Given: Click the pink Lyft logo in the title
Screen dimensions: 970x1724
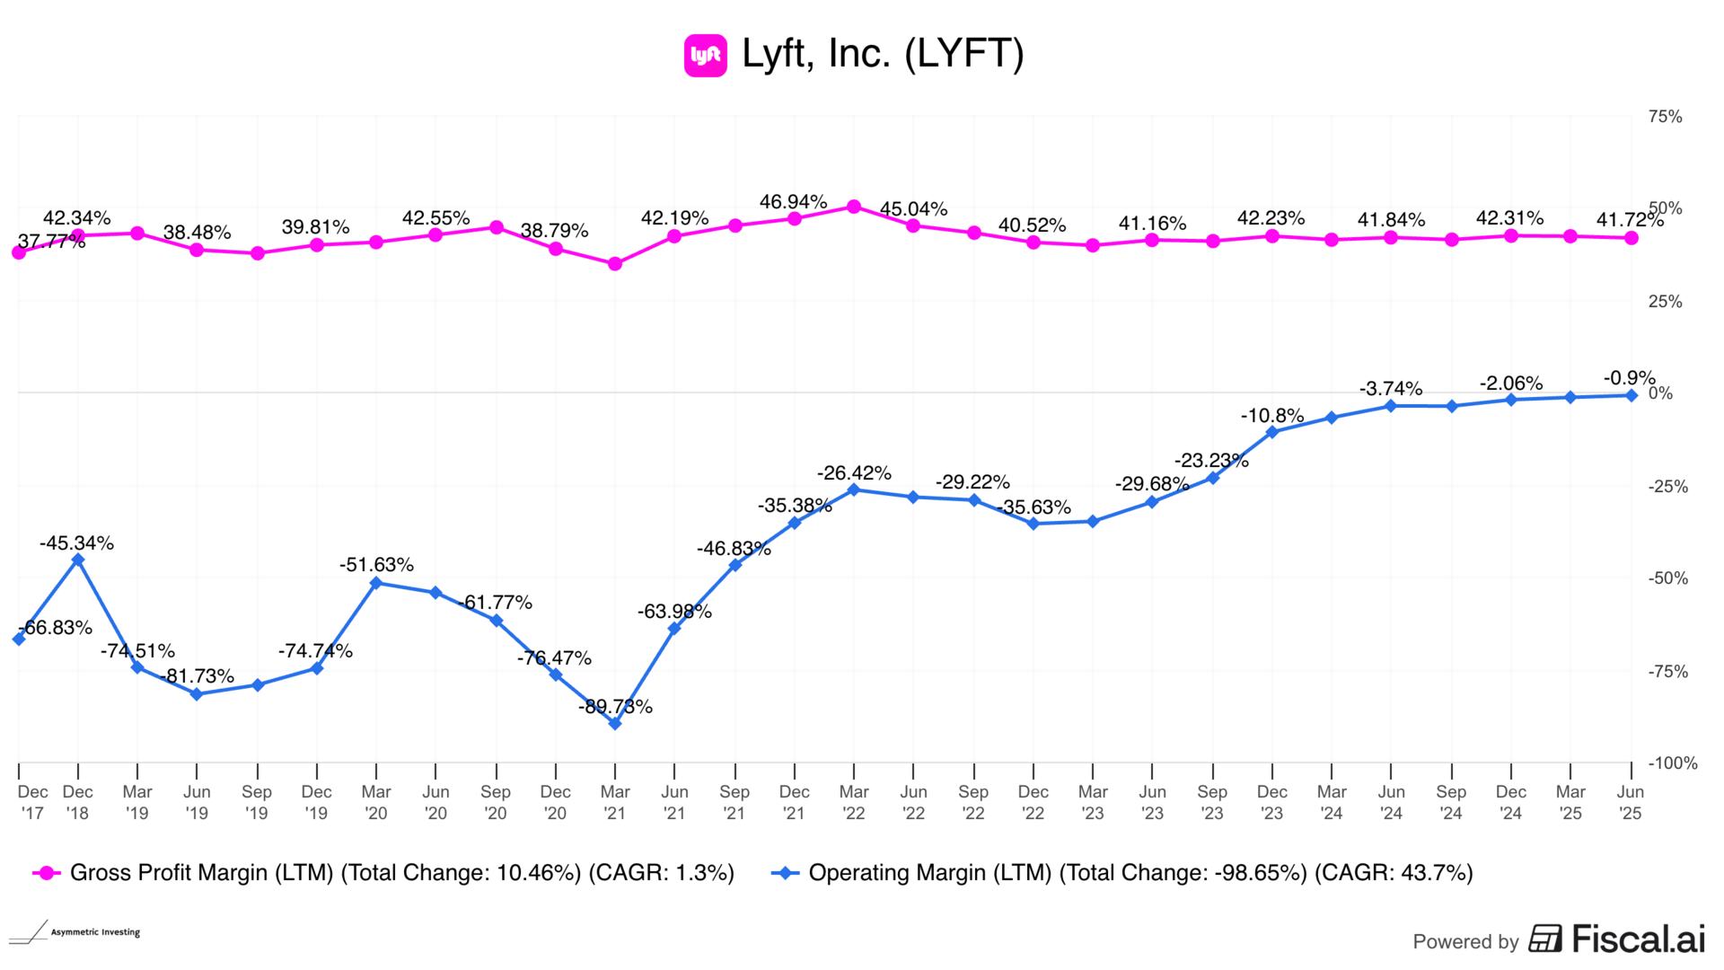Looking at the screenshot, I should tap(705, 56).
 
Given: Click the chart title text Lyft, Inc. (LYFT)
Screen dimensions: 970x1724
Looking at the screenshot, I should tap(883, 54).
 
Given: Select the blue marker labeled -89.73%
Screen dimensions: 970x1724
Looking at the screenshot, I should tap(615, 723).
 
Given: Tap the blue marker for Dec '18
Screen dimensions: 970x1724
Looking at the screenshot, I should tap(78, 560).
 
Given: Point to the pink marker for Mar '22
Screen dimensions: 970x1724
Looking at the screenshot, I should tap(854, 207).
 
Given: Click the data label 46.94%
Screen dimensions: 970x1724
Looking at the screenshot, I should tap(793, 202).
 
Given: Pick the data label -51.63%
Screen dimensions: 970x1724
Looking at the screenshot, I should tap(376, 565).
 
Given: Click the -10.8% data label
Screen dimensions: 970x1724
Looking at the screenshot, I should tap(1271, 416).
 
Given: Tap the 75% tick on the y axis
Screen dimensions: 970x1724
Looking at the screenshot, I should tap(1665, 117).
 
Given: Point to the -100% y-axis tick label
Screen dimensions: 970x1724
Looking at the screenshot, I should tap(1672, 763).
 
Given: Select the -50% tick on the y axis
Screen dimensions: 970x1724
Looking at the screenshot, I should tap(1667, 578).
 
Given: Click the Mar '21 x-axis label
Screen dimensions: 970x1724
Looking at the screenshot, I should tap(615, 802).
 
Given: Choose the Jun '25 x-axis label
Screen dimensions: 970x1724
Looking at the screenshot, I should tap(1630, 802).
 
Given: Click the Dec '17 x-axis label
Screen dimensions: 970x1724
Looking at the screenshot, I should tap(32, 802).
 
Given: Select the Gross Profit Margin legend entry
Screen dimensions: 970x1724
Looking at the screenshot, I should tap(383, 873).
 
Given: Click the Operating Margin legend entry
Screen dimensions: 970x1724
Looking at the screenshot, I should tap(1122, 873).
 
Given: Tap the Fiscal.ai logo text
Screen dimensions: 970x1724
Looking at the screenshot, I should tap(1616, 939).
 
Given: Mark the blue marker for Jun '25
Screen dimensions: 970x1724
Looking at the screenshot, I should tap(1632, 395).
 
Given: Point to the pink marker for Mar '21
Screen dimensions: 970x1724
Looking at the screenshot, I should tap(615, 264).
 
